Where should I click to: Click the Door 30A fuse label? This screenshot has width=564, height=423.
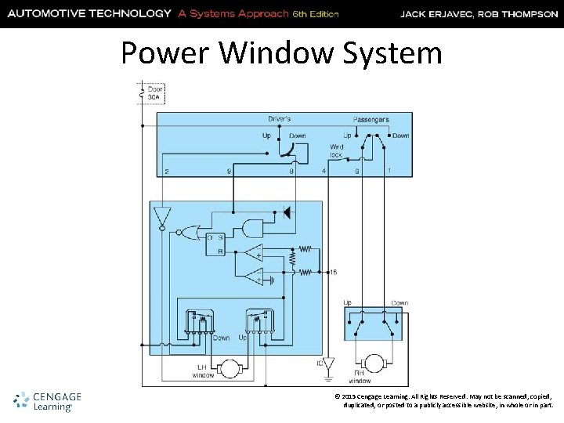click(156, 94)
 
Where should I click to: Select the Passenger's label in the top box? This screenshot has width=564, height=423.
click(371, 119)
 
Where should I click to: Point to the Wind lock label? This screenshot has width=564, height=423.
click(336, 150)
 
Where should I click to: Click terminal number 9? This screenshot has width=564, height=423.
click(229, 171)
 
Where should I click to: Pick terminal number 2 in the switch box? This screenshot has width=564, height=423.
click(166, 171)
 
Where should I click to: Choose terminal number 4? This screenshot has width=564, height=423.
click(324, 171)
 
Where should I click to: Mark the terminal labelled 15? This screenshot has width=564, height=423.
click(333, 272)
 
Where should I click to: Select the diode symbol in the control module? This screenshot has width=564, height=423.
click(287, 211)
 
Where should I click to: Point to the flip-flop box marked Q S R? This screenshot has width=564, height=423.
click(215, 244)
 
